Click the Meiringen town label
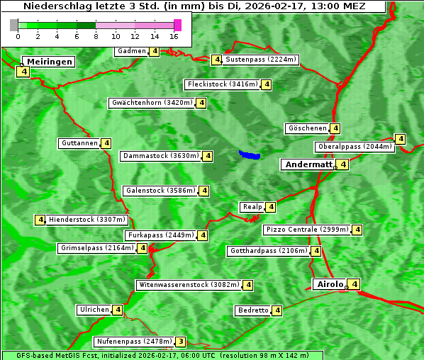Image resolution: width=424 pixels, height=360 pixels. point(48,62)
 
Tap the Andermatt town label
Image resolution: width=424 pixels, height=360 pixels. point(308,164)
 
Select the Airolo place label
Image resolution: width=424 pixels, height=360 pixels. point(330,284)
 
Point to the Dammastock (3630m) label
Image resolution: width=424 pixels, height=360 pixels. point(160,156)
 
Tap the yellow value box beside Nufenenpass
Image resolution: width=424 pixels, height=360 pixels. point(181,342)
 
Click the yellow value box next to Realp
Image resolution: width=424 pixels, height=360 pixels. point(271,207)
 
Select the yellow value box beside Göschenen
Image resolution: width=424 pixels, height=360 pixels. point(335,128)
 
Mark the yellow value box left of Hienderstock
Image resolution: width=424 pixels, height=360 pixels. point(40,220)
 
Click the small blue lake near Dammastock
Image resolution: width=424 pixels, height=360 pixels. point(250,154)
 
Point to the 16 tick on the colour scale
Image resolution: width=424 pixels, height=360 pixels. point(174,35)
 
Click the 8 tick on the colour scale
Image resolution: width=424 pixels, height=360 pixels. point(96,35)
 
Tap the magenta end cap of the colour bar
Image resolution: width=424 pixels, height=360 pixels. point(177,25)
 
